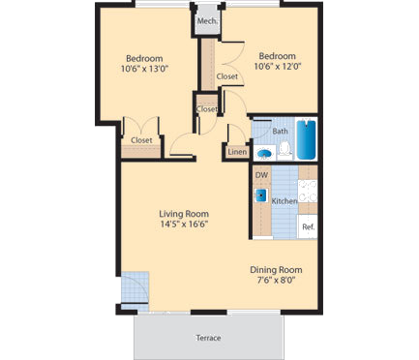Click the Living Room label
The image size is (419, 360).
coord(185,213)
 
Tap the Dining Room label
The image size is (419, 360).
coord(278,269)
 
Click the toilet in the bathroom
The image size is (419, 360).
coord(284,148)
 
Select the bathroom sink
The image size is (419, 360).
coord(263,151)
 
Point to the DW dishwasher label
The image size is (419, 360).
coord(260,175)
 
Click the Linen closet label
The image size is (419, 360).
coord(236,152)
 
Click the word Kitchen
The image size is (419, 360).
coord(284,201)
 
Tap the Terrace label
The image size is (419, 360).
coord(208,338)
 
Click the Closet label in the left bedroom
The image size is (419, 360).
coord(141,140)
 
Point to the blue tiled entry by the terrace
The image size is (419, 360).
coord(136,287)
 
